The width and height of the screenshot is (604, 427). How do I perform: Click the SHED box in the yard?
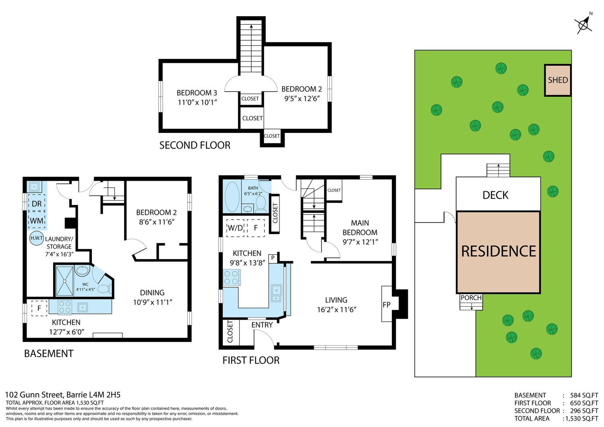point(558,80)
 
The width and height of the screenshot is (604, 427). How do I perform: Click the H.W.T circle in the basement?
point(37,238)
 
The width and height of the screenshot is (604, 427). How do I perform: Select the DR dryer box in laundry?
point(37,203)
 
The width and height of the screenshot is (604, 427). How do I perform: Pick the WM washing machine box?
point(37,220)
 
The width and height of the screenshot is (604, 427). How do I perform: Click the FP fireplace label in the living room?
point(387,305)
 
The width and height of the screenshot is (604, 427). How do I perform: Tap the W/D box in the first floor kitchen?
point(236,228)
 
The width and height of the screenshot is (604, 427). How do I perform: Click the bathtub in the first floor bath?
point(232,197)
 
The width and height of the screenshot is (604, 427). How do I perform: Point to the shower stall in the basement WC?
point(65,281)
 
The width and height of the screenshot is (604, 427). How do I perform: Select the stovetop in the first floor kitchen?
point(232,278)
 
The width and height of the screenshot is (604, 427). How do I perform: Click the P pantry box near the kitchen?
point(273,258)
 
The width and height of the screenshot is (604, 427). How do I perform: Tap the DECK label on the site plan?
point(495,195)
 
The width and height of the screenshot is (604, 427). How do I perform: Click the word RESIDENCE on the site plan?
point(499,251)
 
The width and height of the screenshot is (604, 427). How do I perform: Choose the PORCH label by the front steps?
point(471,298)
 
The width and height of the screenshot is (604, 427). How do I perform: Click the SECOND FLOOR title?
point(194,145)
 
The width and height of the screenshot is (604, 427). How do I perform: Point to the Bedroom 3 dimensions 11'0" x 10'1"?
point(197,102)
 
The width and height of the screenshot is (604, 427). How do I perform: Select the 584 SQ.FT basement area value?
point(584,395)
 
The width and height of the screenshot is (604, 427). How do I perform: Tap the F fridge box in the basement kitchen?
point(39,308)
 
